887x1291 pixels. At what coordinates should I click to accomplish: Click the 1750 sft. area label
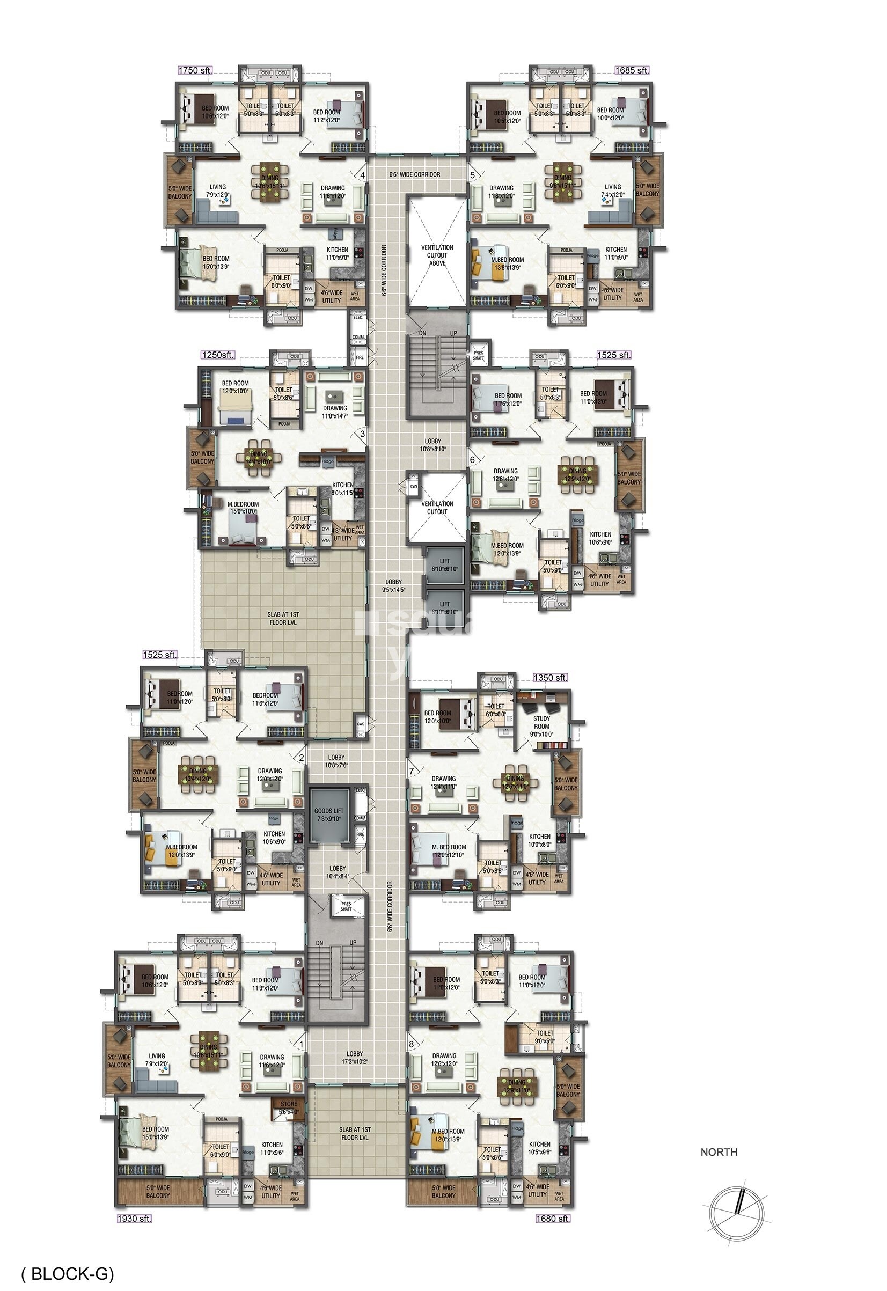[x=194, y=71]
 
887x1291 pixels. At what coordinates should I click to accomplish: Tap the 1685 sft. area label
[x=632, y=71]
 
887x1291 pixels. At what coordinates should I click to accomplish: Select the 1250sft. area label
[x=217, y=355]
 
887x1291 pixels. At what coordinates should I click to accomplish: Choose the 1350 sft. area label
[x=550, y=678]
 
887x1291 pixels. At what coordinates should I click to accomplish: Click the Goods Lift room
[x=329, y=815]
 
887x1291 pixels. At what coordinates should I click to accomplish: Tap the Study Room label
[x=541, y=726]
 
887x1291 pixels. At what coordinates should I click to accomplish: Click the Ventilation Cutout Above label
[x=437, y=255]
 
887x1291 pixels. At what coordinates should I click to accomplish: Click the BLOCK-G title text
[x=67, y=1271]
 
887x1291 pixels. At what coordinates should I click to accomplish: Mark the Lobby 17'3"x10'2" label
[x=354, y=1058]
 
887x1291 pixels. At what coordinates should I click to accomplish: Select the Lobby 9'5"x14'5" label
[x=393, y=586]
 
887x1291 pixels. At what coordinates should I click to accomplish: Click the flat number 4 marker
[x=363, y=175]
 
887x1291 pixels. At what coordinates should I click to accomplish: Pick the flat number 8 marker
[x=412, y=1044]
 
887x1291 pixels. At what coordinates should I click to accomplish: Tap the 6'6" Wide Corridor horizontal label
[x=414, y=174]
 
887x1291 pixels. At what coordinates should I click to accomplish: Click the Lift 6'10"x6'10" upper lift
[x=445, y=565]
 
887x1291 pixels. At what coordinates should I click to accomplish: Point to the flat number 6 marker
[x=472, y=460]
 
